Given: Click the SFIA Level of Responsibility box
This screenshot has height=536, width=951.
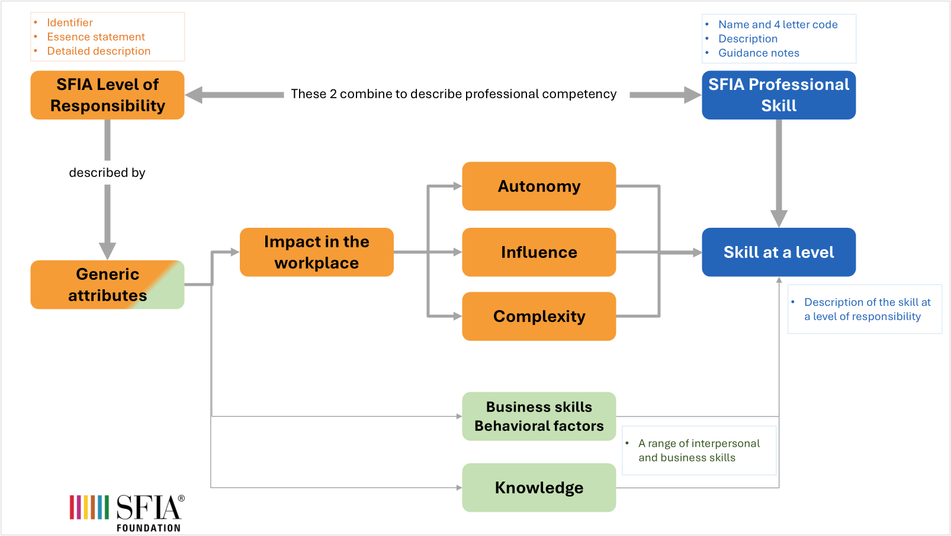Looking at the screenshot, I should coord(107,95).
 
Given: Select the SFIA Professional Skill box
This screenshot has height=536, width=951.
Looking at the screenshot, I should coord(778,95).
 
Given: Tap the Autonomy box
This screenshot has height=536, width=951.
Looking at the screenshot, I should coord(539,186).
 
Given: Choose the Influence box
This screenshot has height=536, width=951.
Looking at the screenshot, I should coord(539,252).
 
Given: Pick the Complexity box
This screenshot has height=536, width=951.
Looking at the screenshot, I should coord(539,317).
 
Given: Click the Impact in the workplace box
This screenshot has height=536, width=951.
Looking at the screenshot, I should coord(316,252).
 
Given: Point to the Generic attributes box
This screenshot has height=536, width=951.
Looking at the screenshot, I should coord(107,285).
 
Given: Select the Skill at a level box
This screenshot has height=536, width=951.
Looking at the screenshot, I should coord(778,252).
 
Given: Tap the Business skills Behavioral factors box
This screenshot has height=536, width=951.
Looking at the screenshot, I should coord(539,416).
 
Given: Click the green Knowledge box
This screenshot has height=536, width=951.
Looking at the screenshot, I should coord(539,487).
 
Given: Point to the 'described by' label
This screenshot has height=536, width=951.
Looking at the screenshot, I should coord(107,173).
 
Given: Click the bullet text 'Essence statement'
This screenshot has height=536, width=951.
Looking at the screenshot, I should coord(96,37).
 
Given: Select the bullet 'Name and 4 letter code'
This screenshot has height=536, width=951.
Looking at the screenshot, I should coord(777,24).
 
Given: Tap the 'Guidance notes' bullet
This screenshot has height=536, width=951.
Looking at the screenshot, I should coord(759,53).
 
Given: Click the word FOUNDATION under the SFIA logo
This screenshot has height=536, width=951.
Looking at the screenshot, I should coord(148,528).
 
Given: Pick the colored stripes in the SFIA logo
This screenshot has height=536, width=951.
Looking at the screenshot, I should coord(89,507).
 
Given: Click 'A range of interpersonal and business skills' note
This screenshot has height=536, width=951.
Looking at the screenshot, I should coord(698,450).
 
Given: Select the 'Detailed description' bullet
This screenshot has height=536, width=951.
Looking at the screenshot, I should coord(99,51).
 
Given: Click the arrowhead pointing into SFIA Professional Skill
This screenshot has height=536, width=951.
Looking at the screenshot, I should coord(693,95).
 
